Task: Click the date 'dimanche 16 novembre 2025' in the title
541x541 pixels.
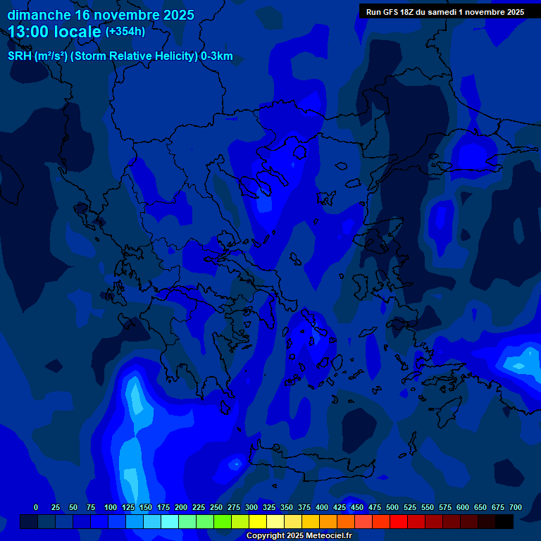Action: click(x=101, y=15)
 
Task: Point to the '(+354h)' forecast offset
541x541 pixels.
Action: click(x=125, y=31)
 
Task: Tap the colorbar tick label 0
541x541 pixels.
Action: click(x=36, y=507)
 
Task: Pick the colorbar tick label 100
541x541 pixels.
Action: click(x=111, y=507)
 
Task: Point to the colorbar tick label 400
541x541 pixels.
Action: click(x=322, y=507)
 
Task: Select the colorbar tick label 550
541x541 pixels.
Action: click(x=428, y=507)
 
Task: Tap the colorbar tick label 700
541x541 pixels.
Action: click(x=516, y=507)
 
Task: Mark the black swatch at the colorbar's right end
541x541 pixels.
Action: click(x=504, y=521)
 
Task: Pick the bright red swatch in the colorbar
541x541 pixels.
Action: click(x=399, y=521)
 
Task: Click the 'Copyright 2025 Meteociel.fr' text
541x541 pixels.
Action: click(x=299, y=536)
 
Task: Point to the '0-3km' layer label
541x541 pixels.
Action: click(x=217, y=56)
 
